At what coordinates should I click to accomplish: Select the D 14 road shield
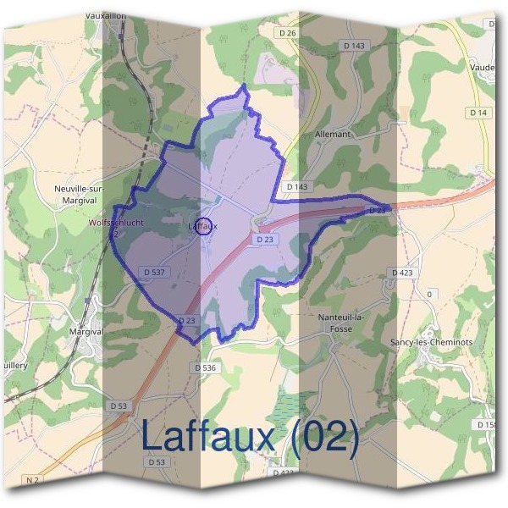478,112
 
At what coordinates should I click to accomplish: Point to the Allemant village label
332,134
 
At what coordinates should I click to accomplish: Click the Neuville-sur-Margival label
77,194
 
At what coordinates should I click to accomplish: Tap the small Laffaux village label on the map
202,226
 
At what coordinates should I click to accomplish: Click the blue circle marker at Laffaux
203,226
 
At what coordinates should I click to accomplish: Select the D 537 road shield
153,272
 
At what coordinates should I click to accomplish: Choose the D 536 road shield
205,367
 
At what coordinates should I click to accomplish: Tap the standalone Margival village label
86,331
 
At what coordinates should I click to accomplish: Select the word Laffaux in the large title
209,437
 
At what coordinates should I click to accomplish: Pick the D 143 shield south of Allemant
298,186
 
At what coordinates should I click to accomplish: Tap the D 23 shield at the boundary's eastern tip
378,209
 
